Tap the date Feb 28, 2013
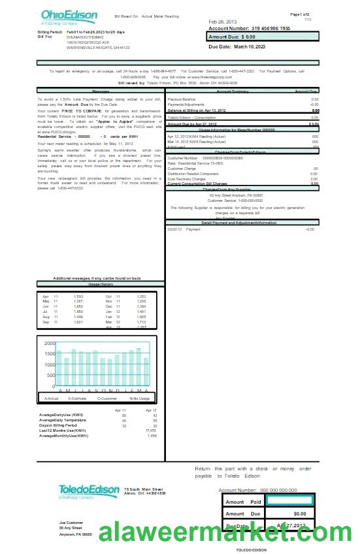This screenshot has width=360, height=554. click(223, 22)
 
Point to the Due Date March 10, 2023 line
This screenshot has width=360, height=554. click(237, 47)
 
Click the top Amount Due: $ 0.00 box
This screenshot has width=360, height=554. click(263, 37)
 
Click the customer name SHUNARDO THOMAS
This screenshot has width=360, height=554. click(85, 37)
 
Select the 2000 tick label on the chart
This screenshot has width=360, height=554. click(50, 343)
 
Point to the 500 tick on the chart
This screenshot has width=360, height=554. click(50, 376)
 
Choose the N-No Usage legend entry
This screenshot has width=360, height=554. click(139, 398)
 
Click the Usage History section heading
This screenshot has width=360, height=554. click(101, 285)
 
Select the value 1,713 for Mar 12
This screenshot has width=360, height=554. click(141, 322)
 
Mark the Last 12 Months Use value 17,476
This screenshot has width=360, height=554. click(151, 431)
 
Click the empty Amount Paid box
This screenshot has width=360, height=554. click(290, 502)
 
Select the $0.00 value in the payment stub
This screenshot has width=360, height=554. click(299, 513)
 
